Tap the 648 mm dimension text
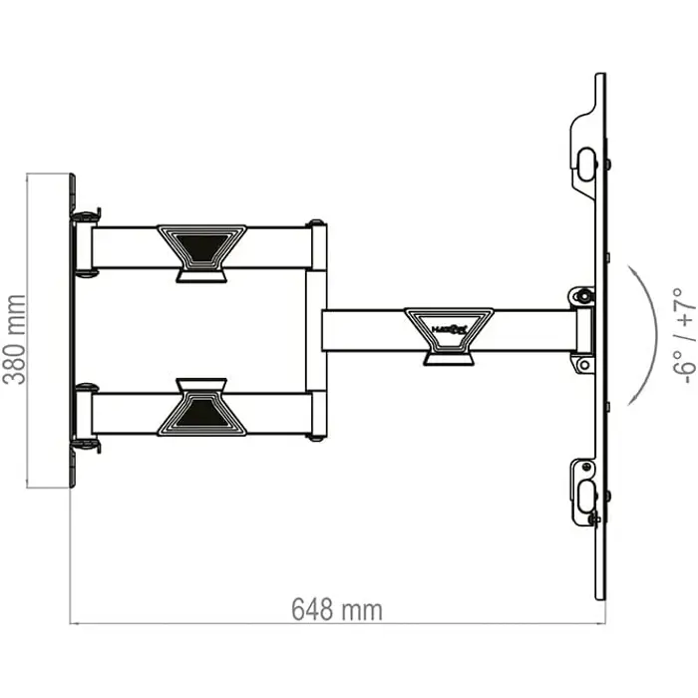pyautogui.click(x=337, y=608)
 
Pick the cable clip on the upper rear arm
pyautogui.click(x=200, y=252)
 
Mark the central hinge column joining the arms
pyautogui.click(x=316, y=330)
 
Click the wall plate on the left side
pyautogui.click(x=73, y=330)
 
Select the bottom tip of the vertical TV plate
pyautogui.click(x=599, y=597)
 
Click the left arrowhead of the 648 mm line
pyautogui.click(x=75, y=623)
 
